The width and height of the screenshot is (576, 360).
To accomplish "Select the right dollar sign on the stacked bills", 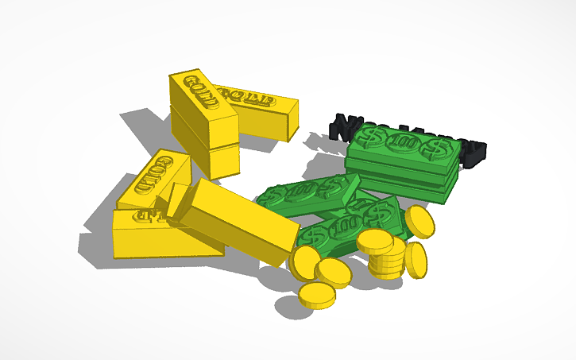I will click(x=434, y=148).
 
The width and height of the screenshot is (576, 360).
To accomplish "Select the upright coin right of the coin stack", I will click(x=416, y=260).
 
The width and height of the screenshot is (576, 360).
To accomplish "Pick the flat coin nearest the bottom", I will click(x=316, y=296).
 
